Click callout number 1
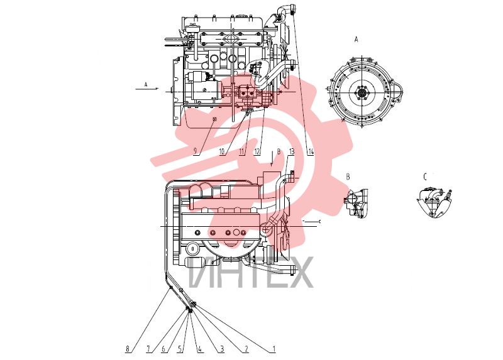(x=274, y=349)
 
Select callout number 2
(x=246, y=349)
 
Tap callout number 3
(x=222, y=349)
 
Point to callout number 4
(x=199, y=349)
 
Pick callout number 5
(x=180, y=349)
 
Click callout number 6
(x=163, y=349)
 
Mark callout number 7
(x=148, y=349)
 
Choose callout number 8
(x=128, y=349)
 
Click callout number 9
(x=195, y=151)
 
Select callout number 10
(x=222, y=151)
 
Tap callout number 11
(x=241, y=151)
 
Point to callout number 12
(x=257, y=151)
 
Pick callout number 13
(x=291, y=151)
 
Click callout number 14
(x=310, y=151)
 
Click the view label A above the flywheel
(x=356, y=40)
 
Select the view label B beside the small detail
(x=348, y=177)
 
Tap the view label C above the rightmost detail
(x=425, y=177)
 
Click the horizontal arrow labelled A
(x=147, y=89)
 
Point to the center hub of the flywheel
(x=362, y=93)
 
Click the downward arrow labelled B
(x=272, y=159)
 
